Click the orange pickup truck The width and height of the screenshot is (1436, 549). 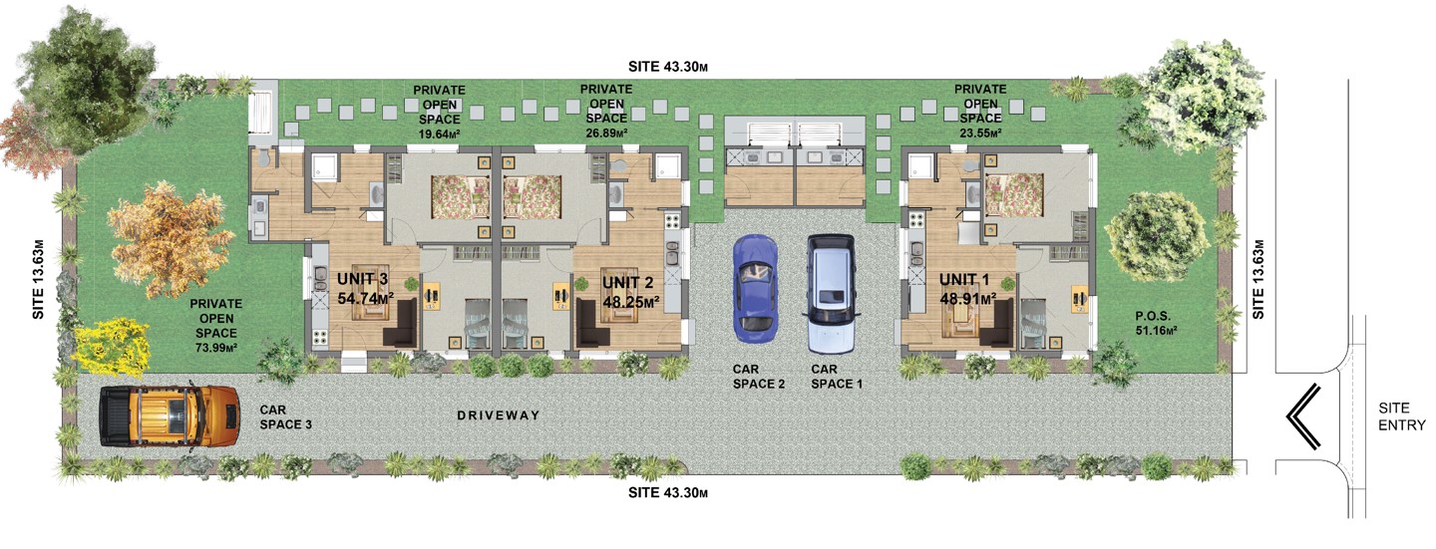point(170,415)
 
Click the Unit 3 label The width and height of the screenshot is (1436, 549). point(362,279)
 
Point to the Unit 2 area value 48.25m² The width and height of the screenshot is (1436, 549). point(631,301)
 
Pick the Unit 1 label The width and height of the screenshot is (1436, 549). point(964,279)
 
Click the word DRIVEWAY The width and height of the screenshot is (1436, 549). point(499,415)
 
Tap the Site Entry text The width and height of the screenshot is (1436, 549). point(1402,416)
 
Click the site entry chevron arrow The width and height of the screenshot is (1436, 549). point(1303,415)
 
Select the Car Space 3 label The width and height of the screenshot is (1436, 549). point(285,417)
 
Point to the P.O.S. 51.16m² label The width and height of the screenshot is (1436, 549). point(1153,324)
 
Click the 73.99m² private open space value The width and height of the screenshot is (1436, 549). point(216,348)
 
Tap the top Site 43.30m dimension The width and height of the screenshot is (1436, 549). point(668,66)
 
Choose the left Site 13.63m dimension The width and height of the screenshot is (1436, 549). point(39,279)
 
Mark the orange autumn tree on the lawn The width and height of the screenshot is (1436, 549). point(170,241)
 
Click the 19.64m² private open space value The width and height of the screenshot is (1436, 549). point(439,134)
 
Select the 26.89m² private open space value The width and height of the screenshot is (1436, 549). point(606,134)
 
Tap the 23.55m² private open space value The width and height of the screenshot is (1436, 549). point(980,134)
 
